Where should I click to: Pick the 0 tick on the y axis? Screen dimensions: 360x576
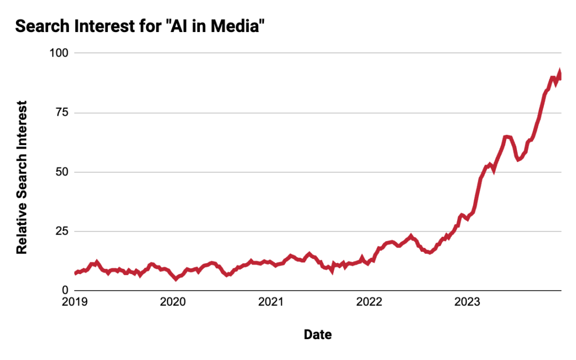(65, 290)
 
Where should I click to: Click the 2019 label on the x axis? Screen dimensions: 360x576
(75, 302)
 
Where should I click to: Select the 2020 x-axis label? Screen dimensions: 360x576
(173, 302)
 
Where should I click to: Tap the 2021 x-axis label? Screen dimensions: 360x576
(271, 302)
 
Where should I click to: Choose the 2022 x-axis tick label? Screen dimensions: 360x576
(369, 302)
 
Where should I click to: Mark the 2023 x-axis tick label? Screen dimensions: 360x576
(467, 302)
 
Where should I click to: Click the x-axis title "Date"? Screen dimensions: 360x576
(317, 334)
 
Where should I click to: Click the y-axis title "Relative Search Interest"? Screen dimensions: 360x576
(22, 177)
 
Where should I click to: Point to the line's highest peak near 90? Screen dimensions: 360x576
(559, 72)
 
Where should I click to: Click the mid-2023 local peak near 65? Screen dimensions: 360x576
(507, 137)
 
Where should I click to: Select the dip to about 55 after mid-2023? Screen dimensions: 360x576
(518, 159)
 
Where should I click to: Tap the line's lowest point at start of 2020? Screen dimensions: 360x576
(176, 278)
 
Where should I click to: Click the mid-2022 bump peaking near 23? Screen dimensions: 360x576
(411, 235)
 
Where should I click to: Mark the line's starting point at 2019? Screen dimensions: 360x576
(76, 273)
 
